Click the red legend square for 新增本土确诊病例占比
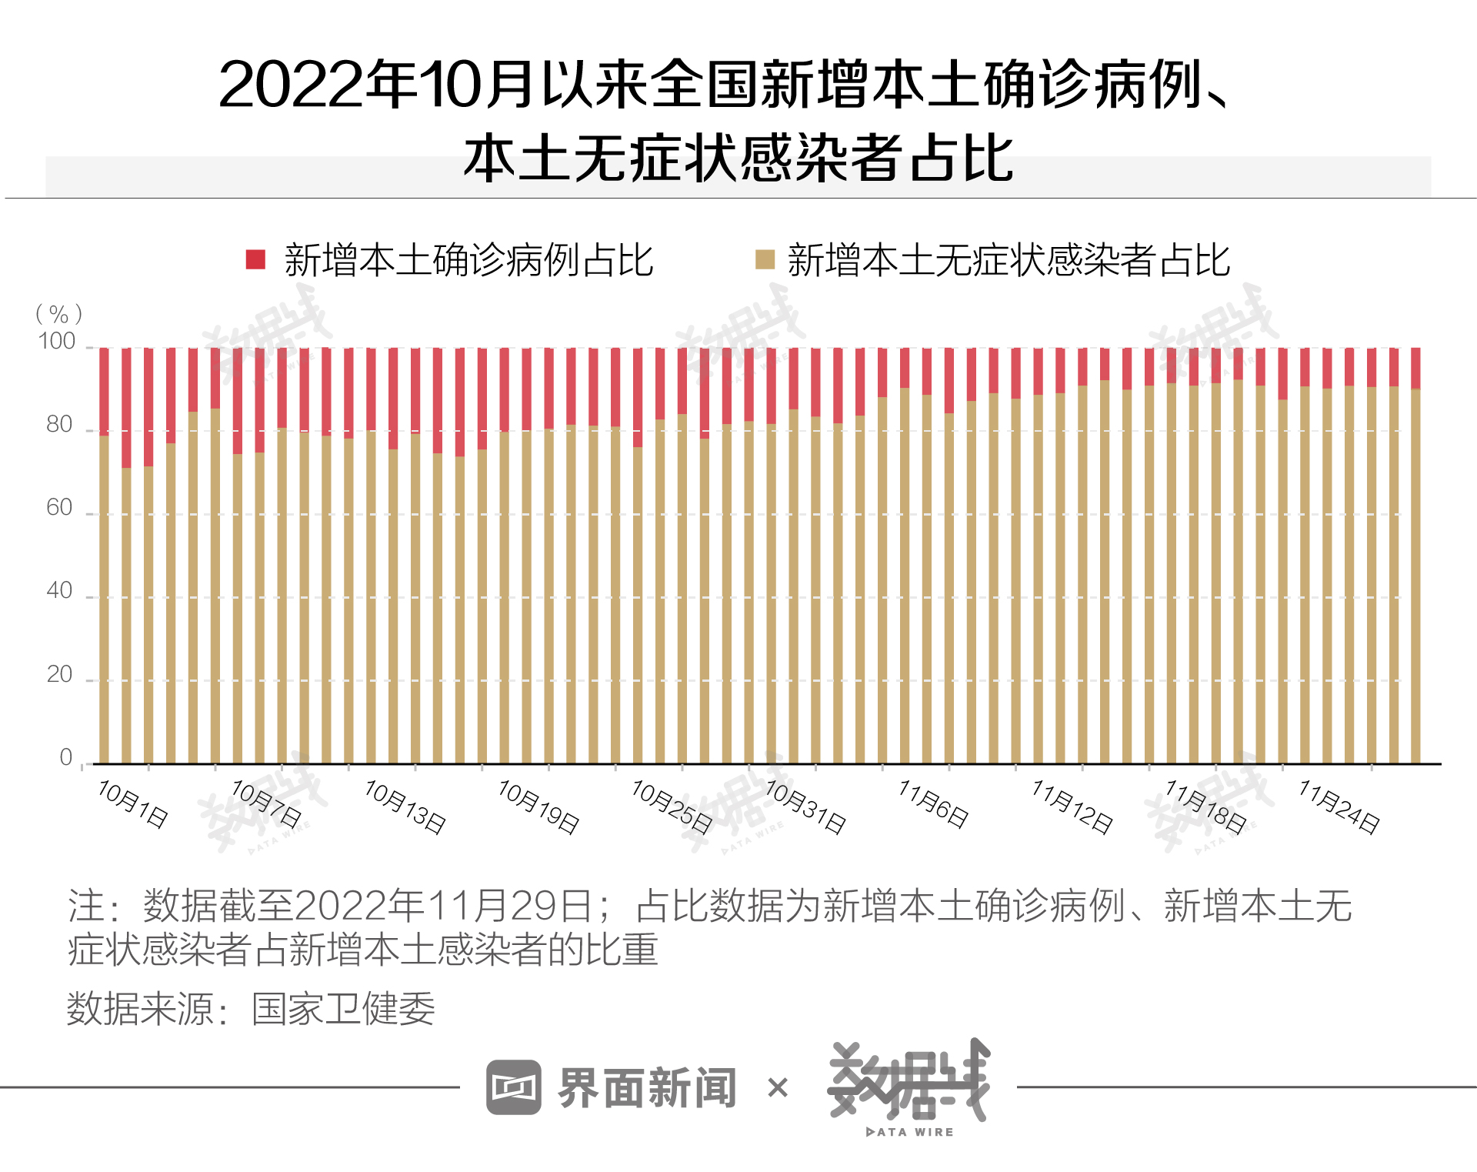coord(255,259)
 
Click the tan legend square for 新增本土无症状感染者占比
coord(765,259)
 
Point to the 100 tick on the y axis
coord(58,342)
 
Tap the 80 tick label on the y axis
coord(59,425)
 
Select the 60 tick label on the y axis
coord(59,508)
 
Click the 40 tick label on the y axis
coord(59,591)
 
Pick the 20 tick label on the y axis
coord(59,675)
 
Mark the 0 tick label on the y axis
coord(66,757)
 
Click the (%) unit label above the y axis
coord(58,314)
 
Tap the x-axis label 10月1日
coord(133,804)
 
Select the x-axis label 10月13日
coord(405,806)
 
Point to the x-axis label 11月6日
coord(934,804)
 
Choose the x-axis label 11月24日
coord(1339,806)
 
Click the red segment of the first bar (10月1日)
coord(104,392)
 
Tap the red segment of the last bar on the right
coord(1415,368)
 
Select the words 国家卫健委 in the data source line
coord(343,1009)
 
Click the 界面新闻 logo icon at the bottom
coord(514,1087)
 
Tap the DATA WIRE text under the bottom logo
coord(910,1132)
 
